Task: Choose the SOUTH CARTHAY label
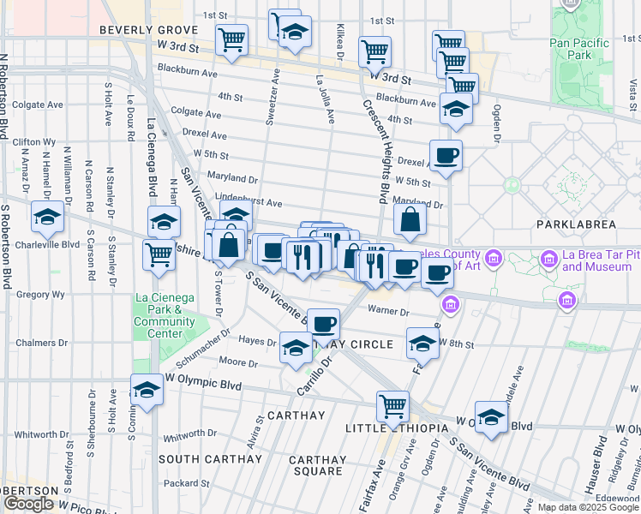pyautogui.click(x=210, y=459)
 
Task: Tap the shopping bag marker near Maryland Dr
pyautogui.click(x=410, y=220)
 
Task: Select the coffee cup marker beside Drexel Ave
pyautogui.click(x=446, y=156)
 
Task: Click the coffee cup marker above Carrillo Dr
pyautogui.click(x=323, y=324)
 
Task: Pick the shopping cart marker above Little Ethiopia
pyautogui.click(x=392, y=405)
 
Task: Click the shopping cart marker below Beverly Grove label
pyautogui.click(x=231, y=39)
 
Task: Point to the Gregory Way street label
pyautogui.click(x=34, y=294)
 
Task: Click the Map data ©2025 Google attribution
pyautogui.click(x=587, y=507)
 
